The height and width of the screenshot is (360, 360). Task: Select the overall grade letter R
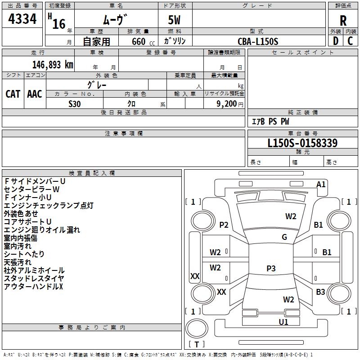pyautogui.click(x=343, y=21)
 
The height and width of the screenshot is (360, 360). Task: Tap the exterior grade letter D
pyautogui.click(x=335, y=40)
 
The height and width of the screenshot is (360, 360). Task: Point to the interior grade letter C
pyautogui.click(x=350, y=40)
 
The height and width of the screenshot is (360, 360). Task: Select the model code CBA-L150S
pyautogui.click(x=258, y=41)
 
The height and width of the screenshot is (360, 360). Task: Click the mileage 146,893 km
pyautogui.click(x=52, y=64)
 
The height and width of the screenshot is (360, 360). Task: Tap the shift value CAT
pyautogui.click(x=13, y=94)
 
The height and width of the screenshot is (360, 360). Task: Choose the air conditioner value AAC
pyautogui.click(x=35, y=94)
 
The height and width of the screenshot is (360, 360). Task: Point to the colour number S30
pyautogui.click(x=74, y=103)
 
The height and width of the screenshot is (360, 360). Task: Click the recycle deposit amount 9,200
pyautogui.click(x=226, y=103)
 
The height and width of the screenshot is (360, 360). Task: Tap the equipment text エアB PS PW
pyautogui.click(x=270, y=121)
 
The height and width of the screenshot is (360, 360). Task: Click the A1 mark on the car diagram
pyautogui.click(x=321, y=184)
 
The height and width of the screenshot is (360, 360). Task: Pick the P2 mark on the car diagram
pyautogui.click(x=224, y=225)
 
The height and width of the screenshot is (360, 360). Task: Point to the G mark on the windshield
pyautogui.click(x=284, y=237)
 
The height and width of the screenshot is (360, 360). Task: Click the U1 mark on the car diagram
pyautogui.click(x=283, y=322)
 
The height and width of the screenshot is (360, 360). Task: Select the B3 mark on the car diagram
pyautogui.click(x=320, y=292)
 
